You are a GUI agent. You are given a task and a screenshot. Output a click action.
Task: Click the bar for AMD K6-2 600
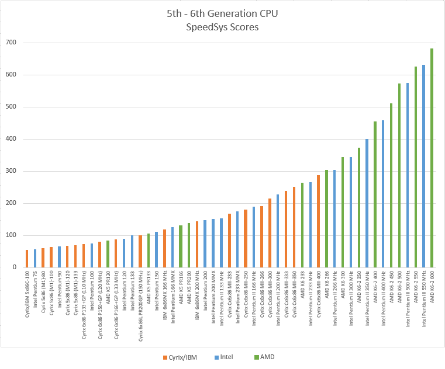(x=432, y=158)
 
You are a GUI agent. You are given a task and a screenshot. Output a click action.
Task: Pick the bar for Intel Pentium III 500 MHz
(x=408, y=175)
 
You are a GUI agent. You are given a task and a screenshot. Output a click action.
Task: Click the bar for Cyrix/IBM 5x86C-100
(x=27, y=259)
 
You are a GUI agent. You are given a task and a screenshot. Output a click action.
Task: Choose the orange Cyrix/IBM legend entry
(x=182, y=356)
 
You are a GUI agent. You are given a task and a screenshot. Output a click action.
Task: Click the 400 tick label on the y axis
(x=11, y=139)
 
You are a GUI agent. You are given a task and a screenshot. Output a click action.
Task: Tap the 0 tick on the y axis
(x=16, y=267)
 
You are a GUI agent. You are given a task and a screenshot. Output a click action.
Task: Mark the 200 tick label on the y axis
(x=11, y=203)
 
